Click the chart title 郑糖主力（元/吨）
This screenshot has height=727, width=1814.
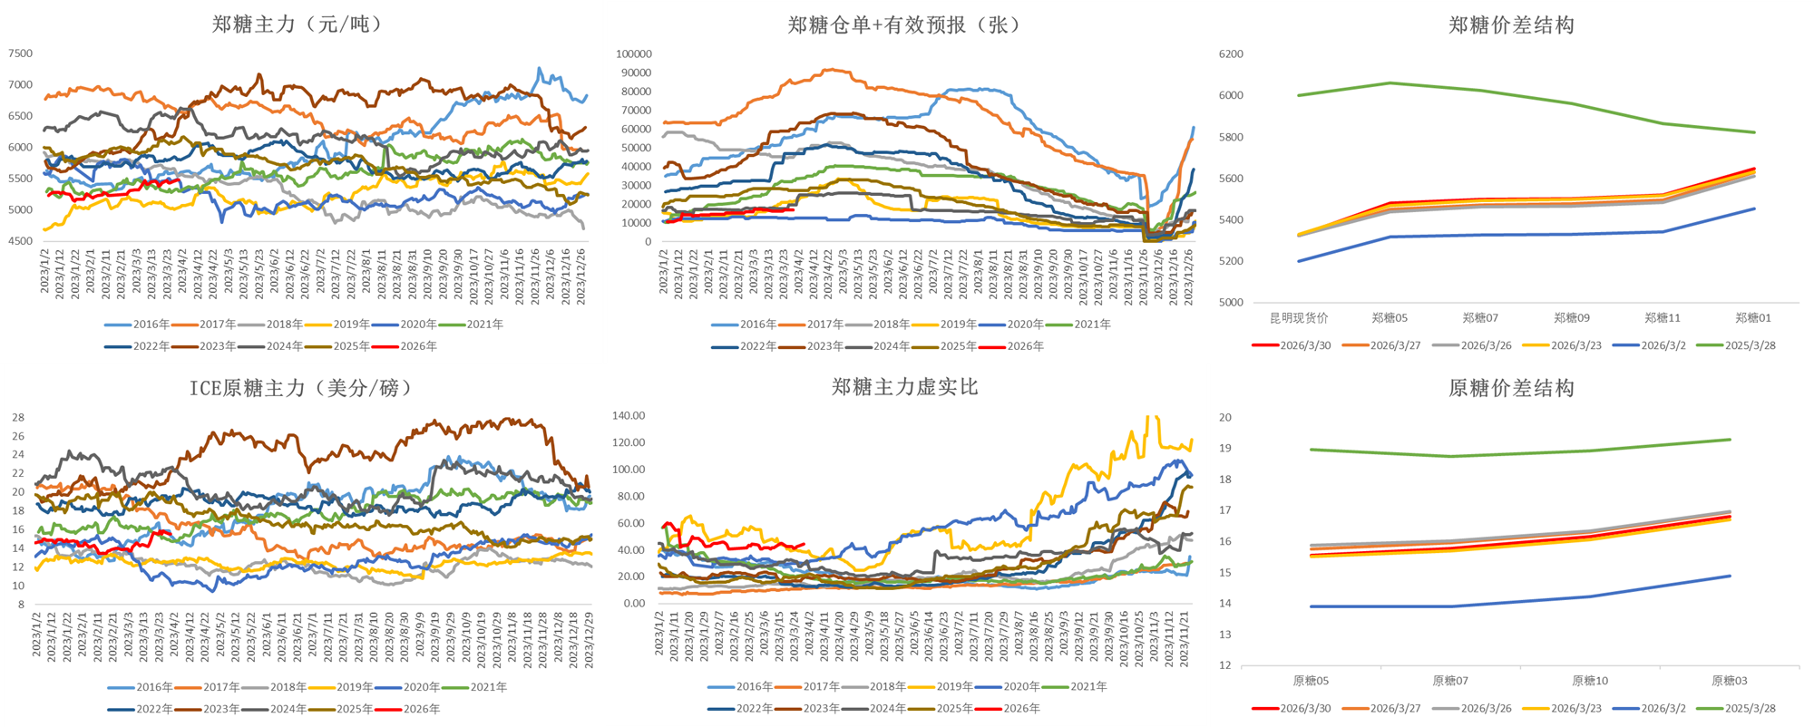297,24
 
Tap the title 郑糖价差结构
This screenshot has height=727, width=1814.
1511,25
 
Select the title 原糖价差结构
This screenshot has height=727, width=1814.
1511,388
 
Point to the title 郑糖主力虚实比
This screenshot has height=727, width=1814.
904,387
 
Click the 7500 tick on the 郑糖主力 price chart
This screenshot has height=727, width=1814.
20,53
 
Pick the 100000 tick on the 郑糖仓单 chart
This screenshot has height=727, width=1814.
633,54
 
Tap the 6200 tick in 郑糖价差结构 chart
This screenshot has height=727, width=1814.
1231,54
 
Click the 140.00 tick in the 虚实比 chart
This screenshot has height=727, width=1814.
629,416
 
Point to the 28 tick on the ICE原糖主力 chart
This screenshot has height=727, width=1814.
18,418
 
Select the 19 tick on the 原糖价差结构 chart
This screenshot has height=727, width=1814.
1225,449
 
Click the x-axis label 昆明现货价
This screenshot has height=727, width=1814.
1299,318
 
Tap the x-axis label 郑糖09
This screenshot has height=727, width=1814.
1572,318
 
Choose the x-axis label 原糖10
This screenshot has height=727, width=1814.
1590,681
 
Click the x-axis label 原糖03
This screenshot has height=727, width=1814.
1730,681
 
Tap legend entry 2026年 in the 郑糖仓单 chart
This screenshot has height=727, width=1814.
1025,346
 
